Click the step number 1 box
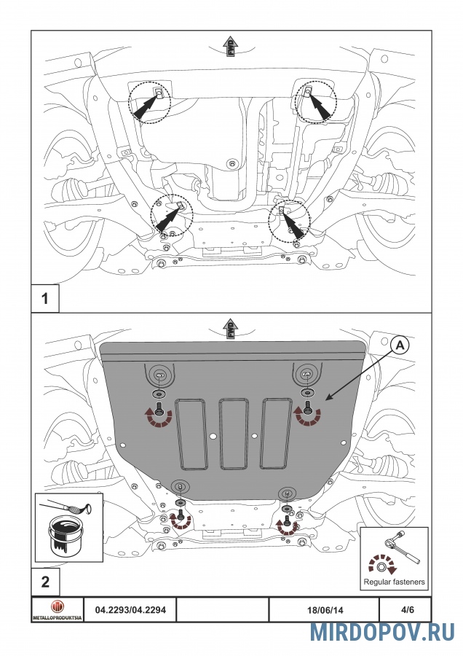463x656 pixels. click(45, 298)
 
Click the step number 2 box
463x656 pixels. click(45, 582)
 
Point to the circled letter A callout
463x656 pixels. click(400, 345)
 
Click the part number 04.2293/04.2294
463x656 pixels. click(130, 609)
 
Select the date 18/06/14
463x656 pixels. click(325, 610)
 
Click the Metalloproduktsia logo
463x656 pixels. click(58, 610)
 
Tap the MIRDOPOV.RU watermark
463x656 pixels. click(382, 632)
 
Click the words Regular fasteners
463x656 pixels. click(394, 582)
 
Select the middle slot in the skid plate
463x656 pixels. click(234, 433)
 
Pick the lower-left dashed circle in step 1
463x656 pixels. click(172, 216)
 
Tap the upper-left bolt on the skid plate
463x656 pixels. click(159, 408)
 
